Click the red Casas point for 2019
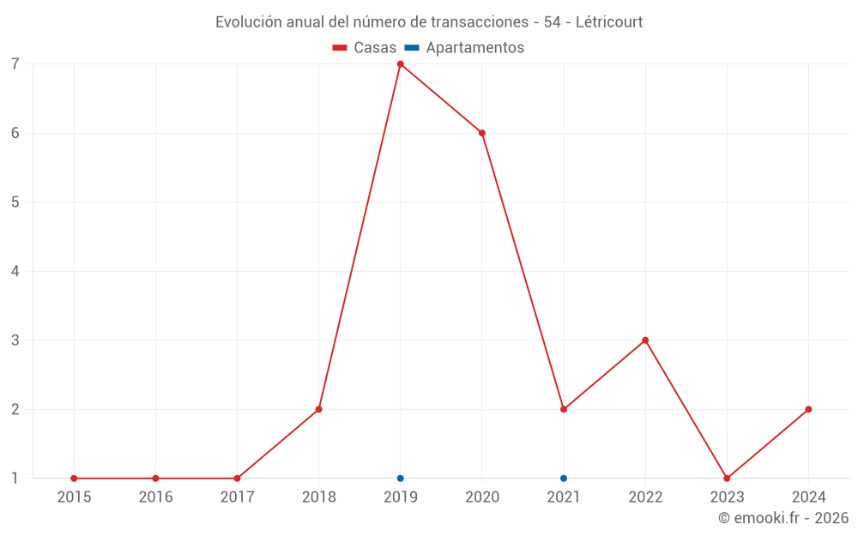tap(400, 64)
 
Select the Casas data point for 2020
tap(482, 133)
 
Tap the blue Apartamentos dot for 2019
tap(400, 479)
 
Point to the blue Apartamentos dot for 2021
tap(564, 479)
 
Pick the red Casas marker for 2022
tap(645, 340)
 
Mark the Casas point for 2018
tap(318, 409)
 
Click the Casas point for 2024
tap(808, 409)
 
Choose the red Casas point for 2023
tap(727, 479)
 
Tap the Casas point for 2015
tap(74, 479)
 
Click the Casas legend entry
tap(366, 48)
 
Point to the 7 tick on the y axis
tap(15, 64)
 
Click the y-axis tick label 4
tap(15, 271)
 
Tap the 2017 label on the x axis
tap(237, 497)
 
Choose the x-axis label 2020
tap(482, 497)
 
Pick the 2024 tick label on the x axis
tap(808, 497)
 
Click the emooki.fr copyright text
tap(783, 518)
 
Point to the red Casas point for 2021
tap(564, 409)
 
